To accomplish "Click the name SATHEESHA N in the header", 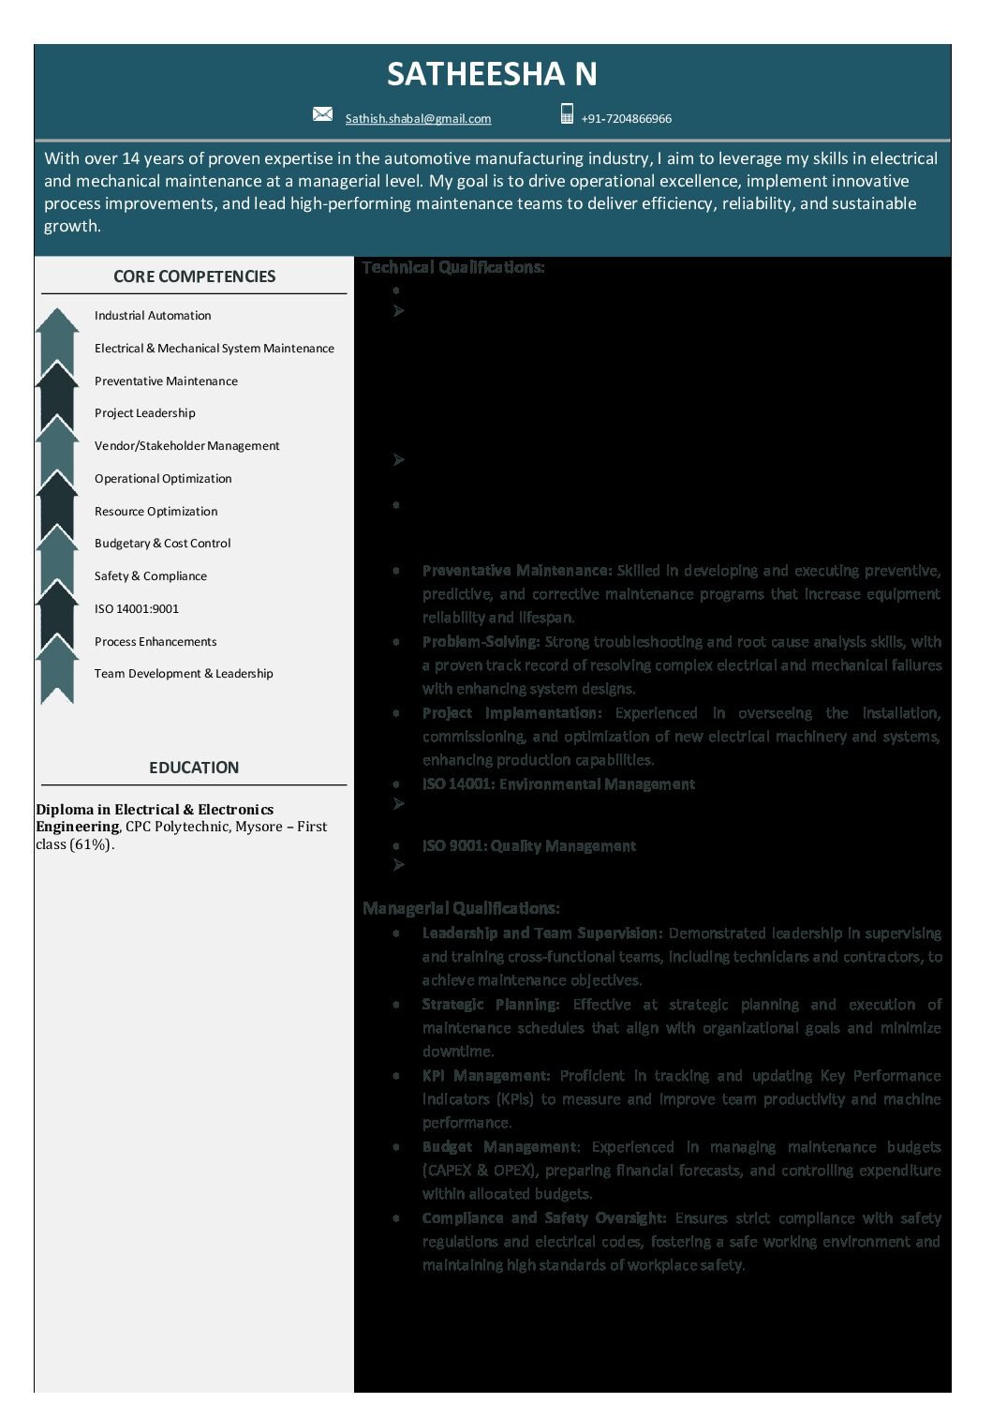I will pyautogui.click(x=492, y=74).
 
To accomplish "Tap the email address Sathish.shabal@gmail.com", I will pyautogui.click(x=418, y=119).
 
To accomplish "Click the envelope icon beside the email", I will pyautogui.click(x=322, y=114).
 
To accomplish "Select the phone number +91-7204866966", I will pyautogui.click(x=626, y=119).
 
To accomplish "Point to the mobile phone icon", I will pyautogui.click(x=567, y=114).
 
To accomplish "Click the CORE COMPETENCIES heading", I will pyautogui.click(x=194, y=276).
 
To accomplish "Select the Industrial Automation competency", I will pyautogui.click(x=153, y=316).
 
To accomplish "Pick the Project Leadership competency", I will pyautogui.click(x=145, y=413).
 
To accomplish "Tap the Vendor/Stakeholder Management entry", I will pyautogui.click(x=186, y=446).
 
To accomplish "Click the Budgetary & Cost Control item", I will pyautogui.click(x=162, y=544).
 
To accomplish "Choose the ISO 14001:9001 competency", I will pyautogui.click(x=136, y=609).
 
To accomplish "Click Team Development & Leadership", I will pyautogui.click(x=184, y=674).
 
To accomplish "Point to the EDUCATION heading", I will pyautogui.click(x=194, y=768).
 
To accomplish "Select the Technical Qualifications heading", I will pyautogui.click(x=452, y=268).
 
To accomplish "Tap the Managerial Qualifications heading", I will pyautogui.click(x=461, y=908).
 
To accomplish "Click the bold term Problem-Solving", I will pyautogui.click(x=481, y=642).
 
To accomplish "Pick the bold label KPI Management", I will pyautogui.click(x=485, y=1076).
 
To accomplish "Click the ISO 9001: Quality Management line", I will pyautogui.click(x=528, y=846).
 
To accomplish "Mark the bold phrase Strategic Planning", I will pyautogui.click(x=490, y=1005).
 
